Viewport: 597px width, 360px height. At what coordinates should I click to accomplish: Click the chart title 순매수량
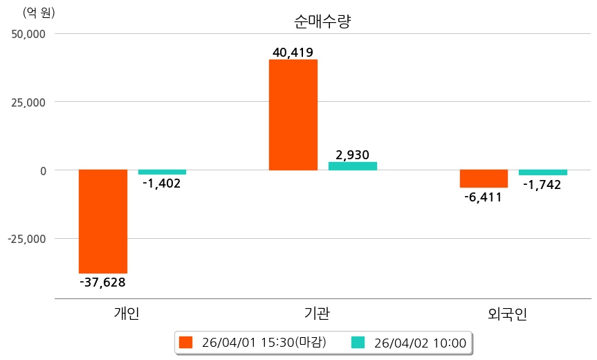(323, 21)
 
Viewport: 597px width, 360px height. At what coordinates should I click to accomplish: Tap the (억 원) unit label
(39, 12)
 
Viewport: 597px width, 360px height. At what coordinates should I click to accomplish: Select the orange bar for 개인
(103, 222)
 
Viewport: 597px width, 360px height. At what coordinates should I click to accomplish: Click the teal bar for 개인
(162, 172)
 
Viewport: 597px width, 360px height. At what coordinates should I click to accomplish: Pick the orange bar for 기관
(293, 115)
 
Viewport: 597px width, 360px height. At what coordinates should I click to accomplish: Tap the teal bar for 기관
(352, 166)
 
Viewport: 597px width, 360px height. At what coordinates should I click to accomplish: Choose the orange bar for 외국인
(484, 179)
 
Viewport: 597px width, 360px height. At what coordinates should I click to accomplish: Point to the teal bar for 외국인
(543, 172)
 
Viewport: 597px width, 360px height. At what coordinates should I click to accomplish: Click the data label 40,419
(293, 52)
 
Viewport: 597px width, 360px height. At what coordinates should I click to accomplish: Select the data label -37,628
(102, 282)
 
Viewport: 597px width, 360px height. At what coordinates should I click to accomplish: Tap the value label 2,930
(353, 154)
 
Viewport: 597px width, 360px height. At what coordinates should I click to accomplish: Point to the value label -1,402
(161, 183)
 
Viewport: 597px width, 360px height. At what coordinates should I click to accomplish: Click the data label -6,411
(483, 197)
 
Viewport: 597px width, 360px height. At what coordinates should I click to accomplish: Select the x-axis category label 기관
(317, 314)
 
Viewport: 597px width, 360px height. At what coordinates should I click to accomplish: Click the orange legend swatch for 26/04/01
(185, 342)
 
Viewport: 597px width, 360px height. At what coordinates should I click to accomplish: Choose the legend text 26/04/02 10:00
(419, 342)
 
